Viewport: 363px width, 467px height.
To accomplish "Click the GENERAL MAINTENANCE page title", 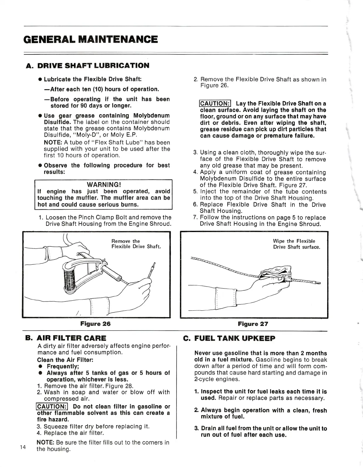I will click(91, 39).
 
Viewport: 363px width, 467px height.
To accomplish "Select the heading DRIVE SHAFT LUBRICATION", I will click(93, 65).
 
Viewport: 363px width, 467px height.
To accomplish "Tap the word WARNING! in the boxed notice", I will click(104, 185).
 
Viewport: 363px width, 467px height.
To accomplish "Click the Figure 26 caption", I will click(96, 324).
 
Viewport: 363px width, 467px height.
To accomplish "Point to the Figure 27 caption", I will click(253, 324).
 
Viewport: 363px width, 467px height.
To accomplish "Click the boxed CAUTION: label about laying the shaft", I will click(215, 104).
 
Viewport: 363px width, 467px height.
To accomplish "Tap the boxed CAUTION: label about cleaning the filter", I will click(52, 407).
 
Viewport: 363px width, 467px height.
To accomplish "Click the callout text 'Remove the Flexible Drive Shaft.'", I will click(136, 244).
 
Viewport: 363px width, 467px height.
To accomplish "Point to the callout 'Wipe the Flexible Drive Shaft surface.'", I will click(297, 244).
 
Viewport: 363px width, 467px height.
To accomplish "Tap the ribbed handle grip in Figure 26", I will click(70, 279).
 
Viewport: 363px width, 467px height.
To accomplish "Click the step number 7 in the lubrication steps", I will click(195, 218).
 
